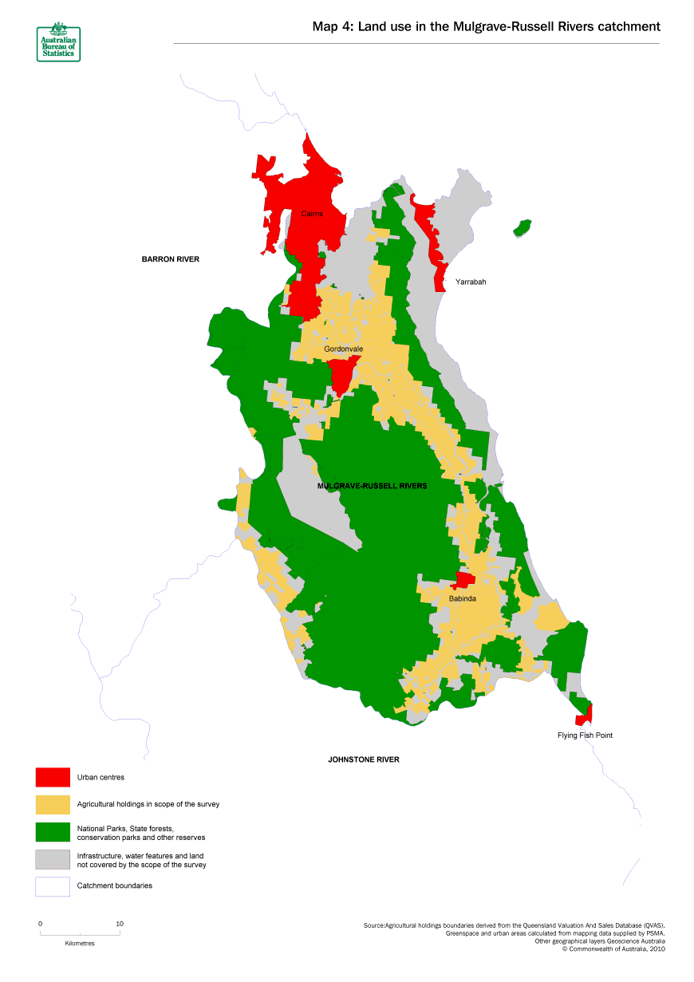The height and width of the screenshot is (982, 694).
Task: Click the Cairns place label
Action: (312, 214)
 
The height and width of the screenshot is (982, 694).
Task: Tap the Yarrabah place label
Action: (470, 282)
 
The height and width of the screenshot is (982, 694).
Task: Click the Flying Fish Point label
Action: (585, 736)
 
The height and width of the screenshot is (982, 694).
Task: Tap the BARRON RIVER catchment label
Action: (170, 259)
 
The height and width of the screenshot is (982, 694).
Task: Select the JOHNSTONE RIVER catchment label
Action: (364, 759)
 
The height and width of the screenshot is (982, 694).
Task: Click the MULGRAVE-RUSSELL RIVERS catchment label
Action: (372, 486)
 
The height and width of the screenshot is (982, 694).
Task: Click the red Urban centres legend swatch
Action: (53, 777)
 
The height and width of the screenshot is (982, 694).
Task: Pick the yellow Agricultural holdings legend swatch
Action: (53, 804)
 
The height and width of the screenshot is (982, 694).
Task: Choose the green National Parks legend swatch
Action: (53, 833)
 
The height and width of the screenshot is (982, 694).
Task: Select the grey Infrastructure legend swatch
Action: (53, 859)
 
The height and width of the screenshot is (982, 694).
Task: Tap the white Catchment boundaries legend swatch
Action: (53, 886)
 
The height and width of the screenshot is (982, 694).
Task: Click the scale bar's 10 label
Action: (120, 924)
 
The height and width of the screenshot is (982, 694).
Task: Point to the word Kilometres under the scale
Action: (80, 943)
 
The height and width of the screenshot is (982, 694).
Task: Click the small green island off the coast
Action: (523, 228)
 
